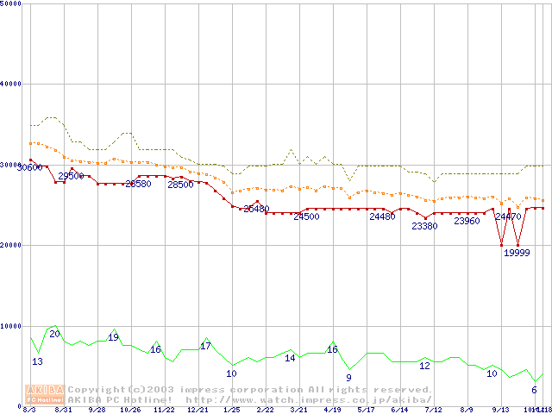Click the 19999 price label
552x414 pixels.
(x=517, y=254)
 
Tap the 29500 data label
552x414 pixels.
(x=71, y=176)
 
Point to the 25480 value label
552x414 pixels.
(x=256, y=209)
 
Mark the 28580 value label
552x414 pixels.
(x=138, y=184)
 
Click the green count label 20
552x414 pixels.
(x=54, y=334)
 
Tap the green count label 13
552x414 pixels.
(x=37, y=361)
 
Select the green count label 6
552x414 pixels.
(x=534, y=390)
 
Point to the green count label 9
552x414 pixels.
(x=348, y=378)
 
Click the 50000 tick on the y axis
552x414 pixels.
(x=12, y=4)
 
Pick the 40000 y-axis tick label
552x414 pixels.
(x=12, y=84)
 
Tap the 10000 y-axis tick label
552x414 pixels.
(x=12, y=325)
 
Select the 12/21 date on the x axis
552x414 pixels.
(x=198, y=410)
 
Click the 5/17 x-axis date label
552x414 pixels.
(x=366, y=410)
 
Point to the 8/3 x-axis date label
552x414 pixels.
(x=29, y=410)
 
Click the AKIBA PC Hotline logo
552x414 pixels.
(x=46, y=394)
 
